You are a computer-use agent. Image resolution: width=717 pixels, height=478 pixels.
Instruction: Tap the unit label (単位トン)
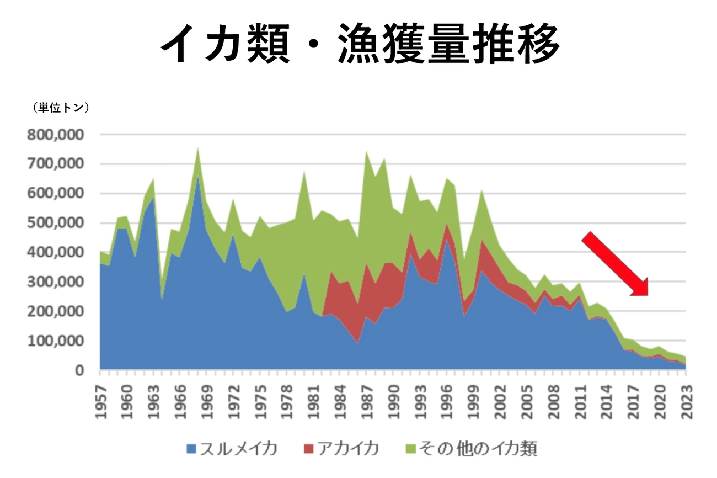click(x=61, y=108)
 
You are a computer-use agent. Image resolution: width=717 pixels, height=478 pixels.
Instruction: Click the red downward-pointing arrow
click(x=616, y=264)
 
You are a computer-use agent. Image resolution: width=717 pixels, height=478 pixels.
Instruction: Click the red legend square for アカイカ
click(x=308, y=449)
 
